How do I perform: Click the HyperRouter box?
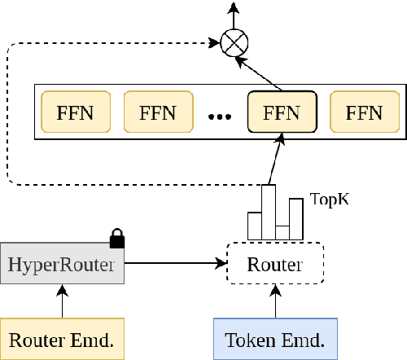pyautogui.click(x=62, y=264)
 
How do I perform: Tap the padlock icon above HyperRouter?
pyautogui.click(x=116, y=238)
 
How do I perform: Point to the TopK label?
pyautogui.click(x=330, y=199)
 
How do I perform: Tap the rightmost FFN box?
pyautogui.click(x=357, y=112)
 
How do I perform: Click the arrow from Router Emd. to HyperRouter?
pyautogui.click(x=62, y=301)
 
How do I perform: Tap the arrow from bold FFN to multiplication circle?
pyautogui.click(x=261, y=71)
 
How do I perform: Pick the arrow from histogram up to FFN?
pyautogui.click(x=275, y=159)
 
